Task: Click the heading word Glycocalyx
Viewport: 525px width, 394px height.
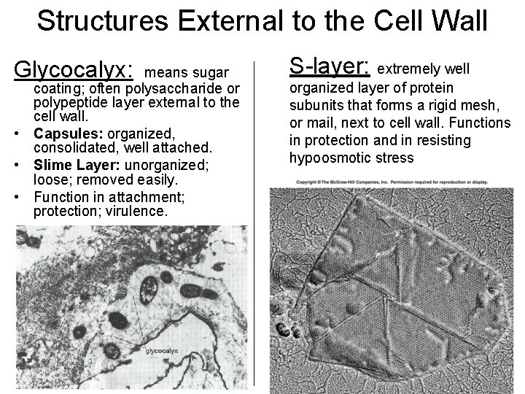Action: (73, 70)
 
